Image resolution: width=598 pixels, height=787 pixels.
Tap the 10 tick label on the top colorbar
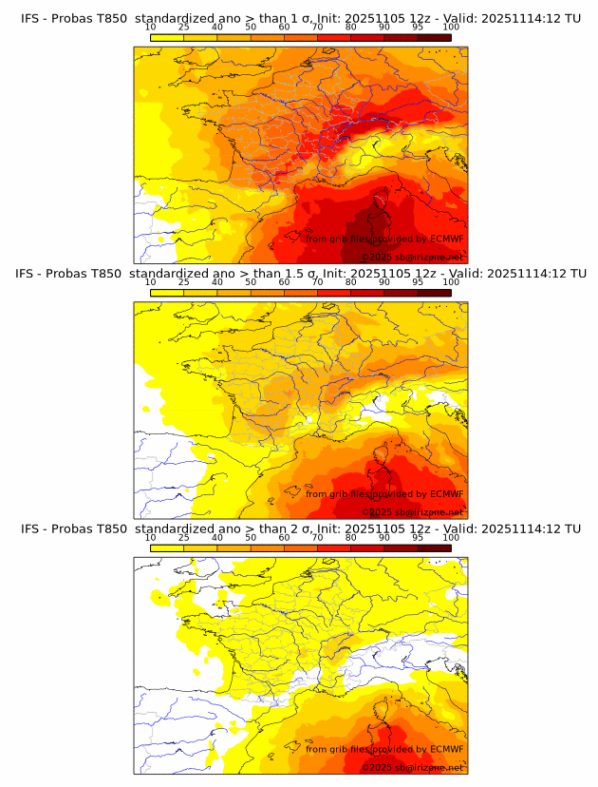coord(151,27)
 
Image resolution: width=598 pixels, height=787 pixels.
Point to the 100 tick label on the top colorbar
coord(451,27)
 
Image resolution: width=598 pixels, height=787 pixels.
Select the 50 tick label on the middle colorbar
coord(251,282)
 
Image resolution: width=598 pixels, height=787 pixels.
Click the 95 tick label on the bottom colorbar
coord(418,538)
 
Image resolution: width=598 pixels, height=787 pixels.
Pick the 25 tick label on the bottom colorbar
coord(184,538)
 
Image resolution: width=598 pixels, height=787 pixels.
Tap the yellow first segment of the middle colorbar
coord(167,293)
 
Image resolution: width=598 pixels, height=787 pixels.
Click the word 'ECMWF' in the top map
coord(446,239)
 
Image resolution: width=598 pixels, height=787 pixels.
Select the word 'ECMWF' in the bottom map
coord(446,750)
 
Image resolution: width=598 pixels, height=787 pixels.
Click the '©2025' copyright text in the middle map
coord(375,512)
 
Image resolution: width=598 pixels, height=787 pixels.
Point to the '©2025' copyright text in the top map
coord(375,258)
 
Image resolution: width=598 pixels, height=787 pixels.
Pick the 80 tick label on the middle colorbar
coord(351,282)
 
